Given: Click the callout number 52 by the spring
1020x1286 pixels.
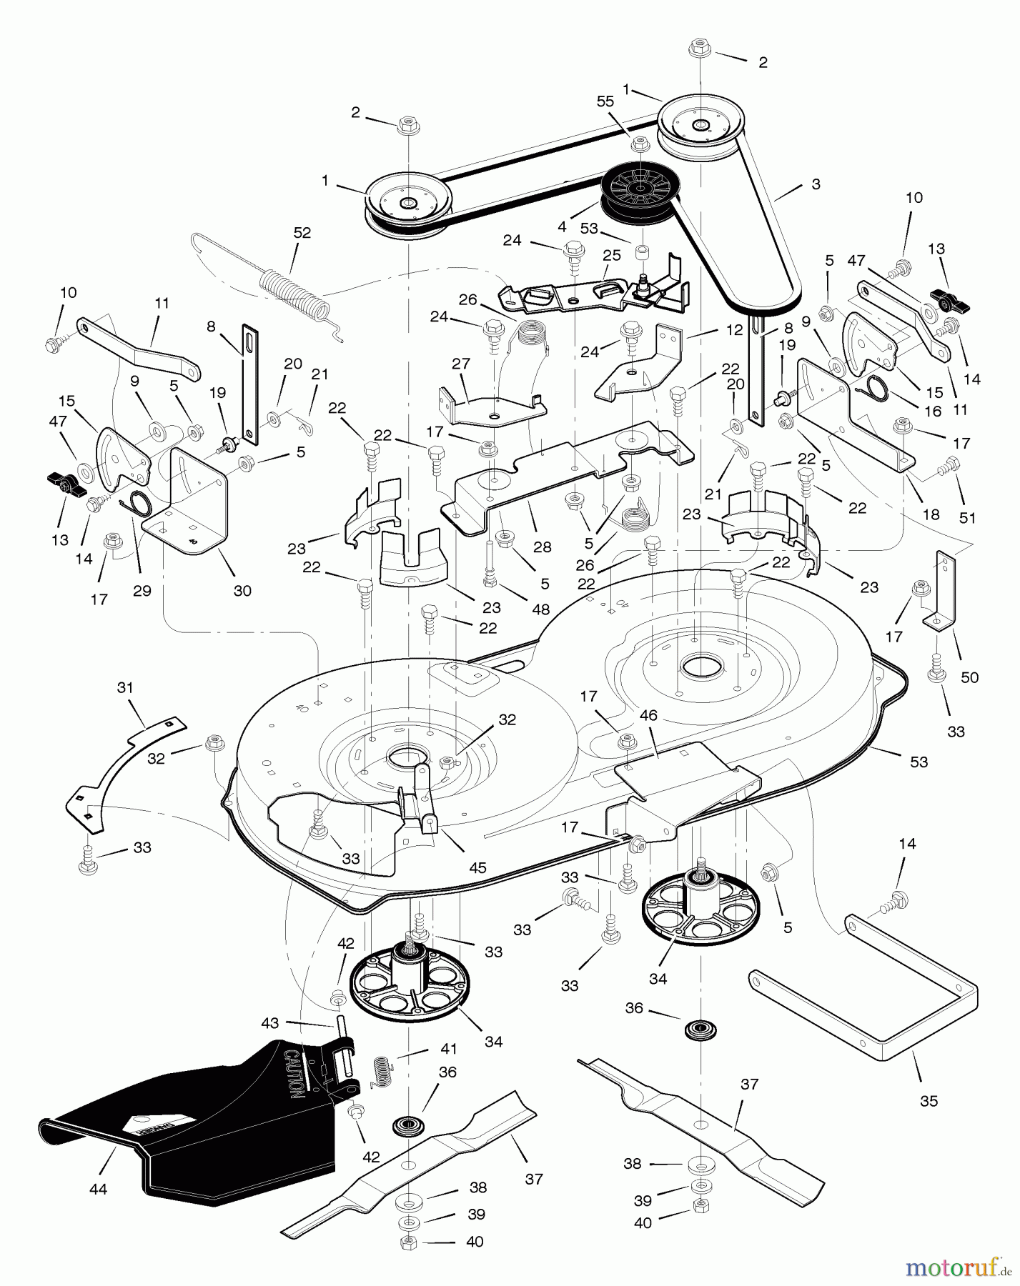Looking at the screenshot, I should point(302,232).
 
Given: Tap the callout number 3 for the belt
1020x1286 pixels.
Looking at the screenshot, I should point(815,184).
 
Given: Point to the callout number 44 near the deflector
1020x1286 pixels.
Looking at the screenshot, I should point(99,1188).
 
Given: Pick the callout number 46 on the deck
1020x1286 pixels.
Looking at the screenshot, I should point(650,714).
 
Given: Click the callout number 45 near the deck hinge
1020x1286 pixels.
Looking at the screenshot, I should point(477,867).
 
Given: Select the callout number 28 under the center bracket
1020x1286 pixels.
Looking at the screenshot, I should point(543,547).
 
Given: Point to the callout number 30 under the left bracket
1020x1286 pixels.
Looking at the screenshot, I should point(242,591).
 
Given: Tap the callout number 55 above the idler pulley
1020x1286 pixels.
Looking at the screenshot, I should point(605,101).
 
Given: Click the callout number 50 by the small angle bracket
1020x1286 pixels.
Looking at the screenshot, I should point(969,677).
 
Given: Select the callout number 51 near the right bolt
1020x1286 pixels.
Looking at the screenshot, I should point(967,518).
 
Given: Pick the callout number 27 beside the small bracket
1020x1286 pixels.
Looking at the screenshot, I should point(461,364).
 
